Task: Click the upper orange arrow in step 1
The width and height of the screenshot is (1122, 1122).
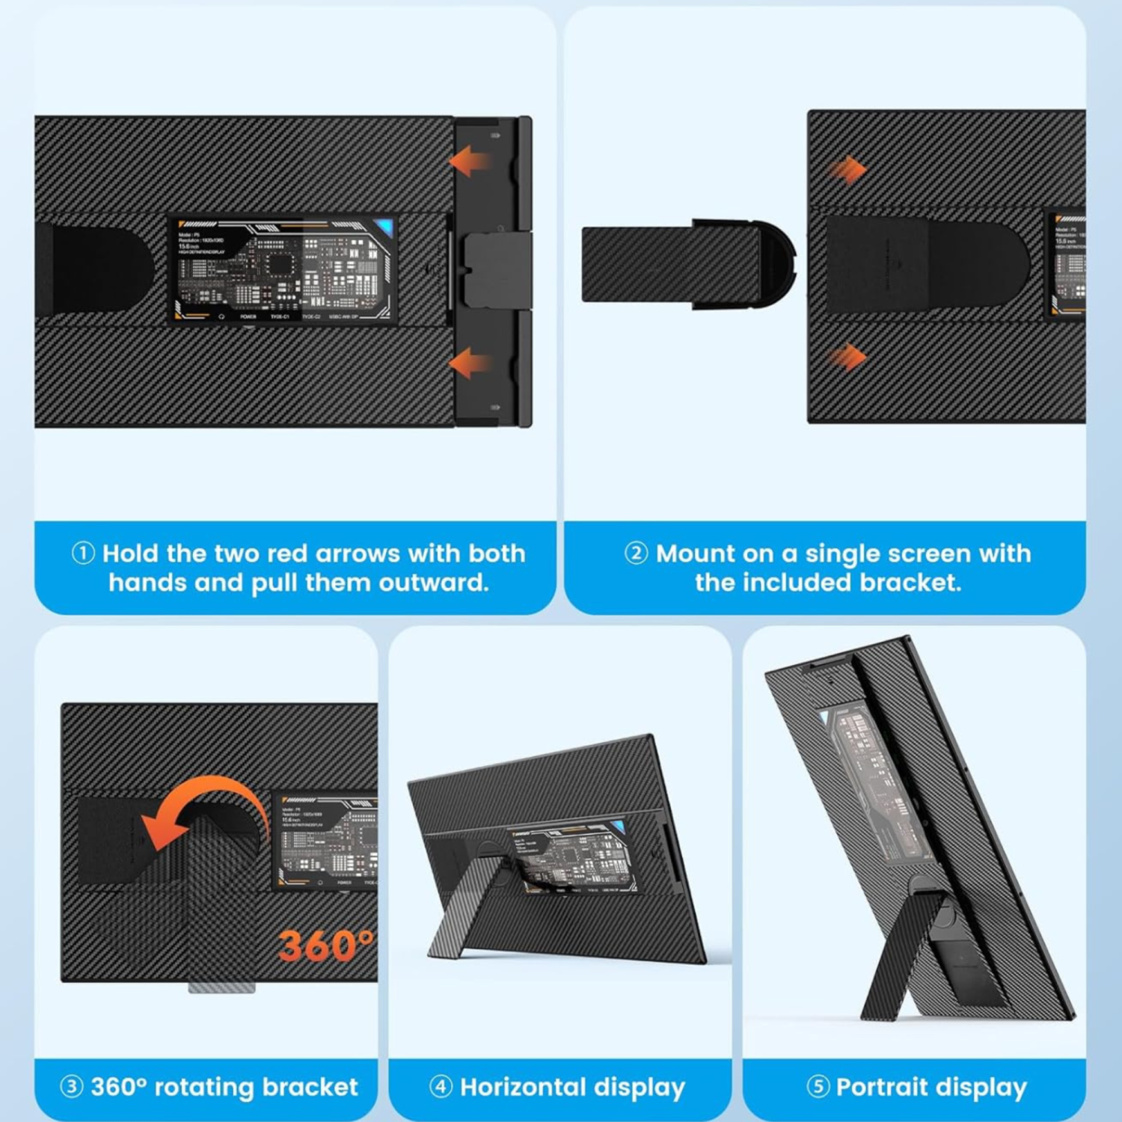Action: pos(470,161)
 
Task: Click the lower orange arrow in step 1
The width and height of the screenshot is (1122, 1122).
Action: pos(470,364)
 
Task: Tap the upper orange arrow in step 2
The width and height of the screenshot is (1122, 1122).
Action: pos(847,171)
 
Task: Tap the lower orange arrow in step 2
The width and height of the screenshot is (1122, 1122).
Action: pos(847,358)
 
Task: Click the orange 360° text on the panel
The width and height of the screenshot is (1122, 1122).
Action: pos(325,945)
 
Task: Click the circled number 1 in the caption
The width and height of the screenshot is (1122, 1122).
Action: pos(83,554)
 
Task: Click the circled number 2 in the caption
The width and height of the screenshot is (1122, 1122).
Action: pos(636,554)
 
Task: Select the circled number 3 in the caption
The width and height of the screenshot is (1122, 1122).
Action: pos(71,1086)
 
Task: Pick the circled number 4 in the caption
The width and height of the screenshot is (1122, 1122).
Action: pos(441,1086)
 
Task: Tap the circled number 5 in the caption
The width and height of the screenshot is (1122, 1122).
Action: pos(818,1086)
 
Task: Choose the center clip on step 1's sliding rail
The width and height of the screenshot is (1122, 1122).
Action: pos(497,269)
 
